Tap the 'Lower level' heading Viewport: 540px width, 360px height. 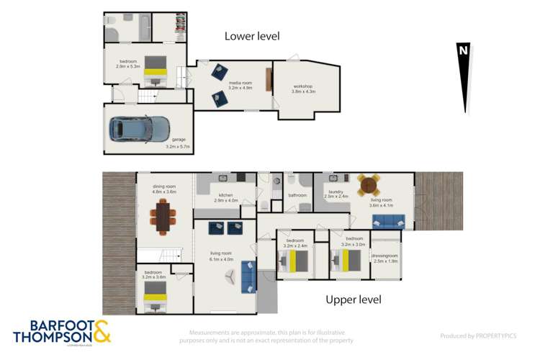coord(251,36)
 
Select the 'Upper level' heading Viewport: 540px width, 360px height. coord(353,300)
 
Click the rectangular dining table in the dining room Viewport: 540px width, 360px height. coord(163,216)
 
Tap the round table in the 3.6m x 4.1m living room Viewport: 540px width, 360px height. coord(369,184)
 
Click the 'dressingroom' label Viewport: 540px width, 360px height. coord(385,256)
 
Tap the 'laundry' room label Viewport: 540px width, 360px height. coord(336,192)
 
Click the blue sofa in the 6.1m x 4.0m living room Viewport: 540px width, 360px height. coord(248,275)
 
